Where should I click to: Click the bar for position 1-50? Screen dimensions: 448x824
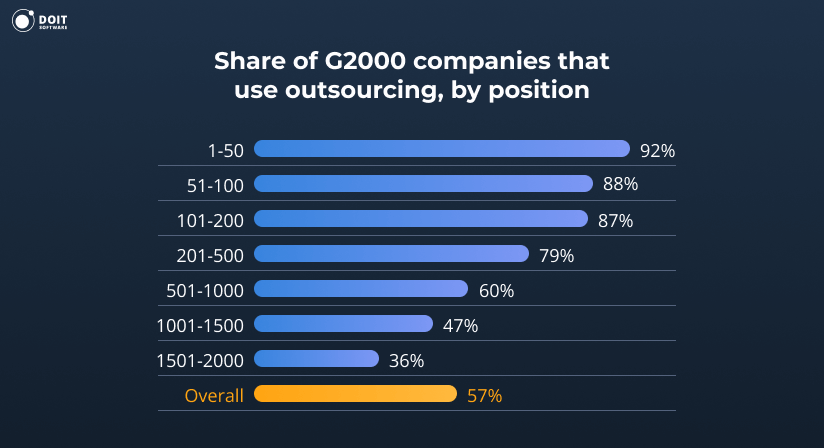[x=441, y=149]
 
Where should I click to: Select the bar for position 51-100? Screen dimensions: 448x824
[x=424, y=184]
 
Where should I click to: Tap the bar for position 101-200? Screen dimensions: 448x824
[x=421, y=219]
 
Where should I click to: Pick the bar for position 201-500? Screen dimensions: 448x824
[x=392, y=254]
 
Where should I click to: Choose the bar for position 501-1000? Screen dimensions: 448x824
[x=361, y=289]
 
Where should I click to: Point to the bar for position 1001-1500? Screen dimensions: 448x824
[x=344, y=324]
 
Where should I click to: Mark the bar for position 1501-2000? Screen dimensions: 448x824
[x=317, y=359]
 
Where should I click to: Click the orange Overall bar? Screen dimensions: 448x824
[x=356, y=394]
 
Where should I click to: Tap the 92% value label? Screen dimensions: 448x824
[x=657, y=151]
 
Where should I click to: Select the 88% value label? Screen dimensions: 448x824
[x=620, y=185]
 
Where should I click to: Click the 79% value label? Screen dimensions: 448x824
[x=556, y=256]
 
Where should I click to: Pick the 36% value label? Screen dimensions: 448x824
[x=406, y=360]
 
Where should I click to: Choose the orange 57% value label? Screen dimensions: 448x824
[x=484, y=396]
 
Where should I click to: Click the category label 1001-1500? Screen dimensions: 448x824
[x=200, y=326]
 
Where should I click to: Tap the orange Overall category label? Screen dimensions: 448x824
[x=214, y=396]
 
